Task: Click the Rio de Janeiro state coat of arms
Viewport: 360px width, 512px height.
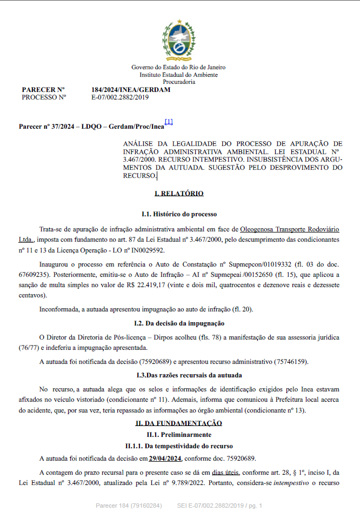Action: click(179, 38)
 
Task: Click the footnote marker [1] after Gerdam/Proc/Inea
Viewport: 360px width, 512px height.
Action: click(169, 122)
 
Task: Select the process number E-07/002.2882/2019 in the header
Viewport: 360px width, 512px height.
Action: click(120, 97)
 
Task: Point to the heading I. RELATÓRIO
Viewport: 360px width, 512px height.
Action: click(179, 193)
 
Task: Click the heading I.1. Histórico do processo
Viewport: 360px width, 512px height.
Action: click(179, 215)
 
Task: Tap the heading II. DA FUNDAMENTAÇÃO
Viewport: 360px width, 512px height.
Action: click(179, 423)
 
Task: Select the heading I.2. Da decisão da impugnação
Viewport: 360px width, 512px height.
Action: click(179, 323)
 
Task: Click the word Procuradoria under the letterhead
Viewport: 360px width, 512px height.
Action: click(179, 82)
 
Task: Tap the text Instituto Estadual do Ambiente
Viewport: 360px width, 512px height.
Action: click(179, 75)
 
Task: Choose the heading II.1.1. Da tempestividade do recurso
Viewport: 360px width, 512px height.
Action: click(179, 446)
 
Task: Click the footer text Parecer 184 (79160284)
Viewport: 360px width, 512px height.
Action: click(129, 506)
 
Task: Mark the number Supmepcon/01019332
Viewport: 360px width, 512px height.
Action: click(254, 264)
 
